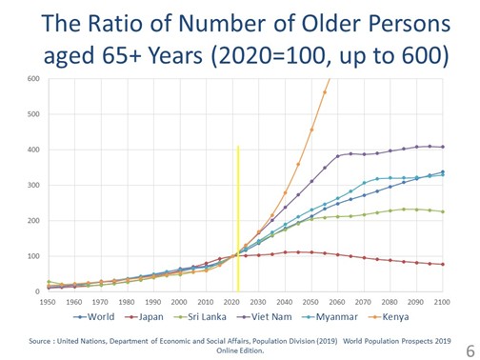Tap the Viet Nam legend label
(x=264, y=316)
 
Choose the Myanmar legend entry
(x=332, y=316)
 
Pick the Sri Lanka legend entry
(x=200, y=316)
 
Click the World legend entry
(x=93, y=316)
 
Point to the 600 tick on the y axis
(x=33, y=79)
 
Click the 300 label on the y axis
(x=33, y=185)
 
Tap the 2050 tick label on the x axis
(x=310, y=302)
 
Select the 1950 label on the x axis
(x=48, y=302)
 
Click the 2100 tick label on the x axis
(x=442, y=302)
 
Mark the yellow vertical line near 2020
(x=238, y=219)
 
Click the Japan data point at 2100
(x=443, y=264)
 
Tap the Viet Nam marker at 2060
(x=338, y=156)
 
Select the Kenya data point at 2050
(x=311, y=130)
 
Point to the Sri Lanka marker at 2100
(x=443, y=211)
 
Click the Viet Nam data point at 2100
(x=443, y=147)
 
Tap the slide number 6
(x=470, y=351)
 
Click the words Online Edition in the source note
(x=240, y=350)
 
